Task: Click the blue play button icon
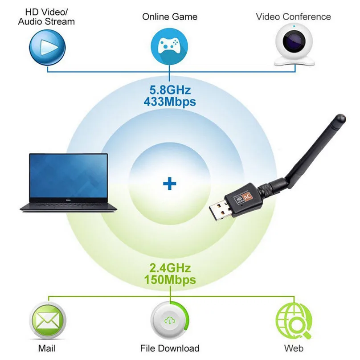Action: pos(47,46)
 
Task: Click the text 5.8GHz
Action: pos(170,90)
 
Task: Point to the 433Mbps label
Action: pos(170,102)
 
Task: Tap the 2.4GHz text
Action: pos(170,268)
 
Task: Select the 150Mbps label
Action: pos(170,280)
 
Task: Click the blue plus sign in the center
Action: pos(169,184)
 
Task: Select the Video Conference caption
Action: pos(293,17)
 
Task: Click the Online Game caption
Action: pos(169,17)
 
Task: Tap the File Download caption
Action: pos(169,348)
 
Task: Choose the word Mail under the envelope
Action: pos(47,348)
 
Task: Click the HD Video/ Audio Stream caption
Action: pos(47,16)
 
